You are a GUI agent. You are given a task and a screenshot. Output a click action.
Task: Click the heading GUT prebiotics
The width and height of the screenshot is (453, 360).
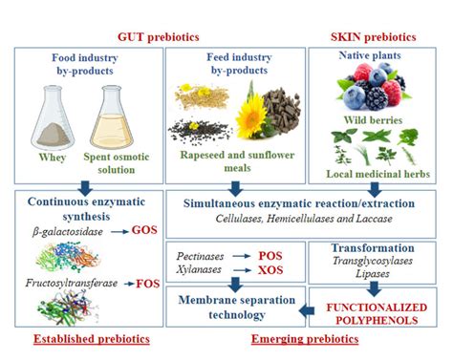click(159, 36)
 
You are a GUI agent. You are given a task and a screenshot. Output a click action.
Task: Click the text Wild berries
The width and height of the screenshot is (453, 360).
click(373, 121)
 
